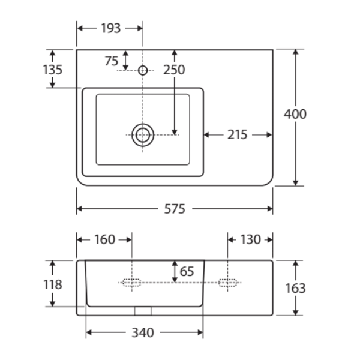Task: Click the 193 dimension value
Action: tap(111, 28)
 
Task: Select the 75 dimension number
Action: tap(112, 61)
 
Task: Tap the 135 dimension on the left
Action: tap(53, 70)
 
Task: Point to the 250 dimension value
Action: tap(174, 70)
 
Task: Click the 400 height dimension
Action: tap(295, 114)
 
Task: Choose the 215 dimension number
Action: tap(238, 135)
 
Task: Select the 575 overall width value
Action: tap(175, 209)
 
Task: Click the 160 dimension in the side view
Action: tap(104, 239)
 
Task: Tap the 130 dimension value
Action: tap(250, 239)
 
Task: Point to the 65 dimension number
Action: tap(187, 271)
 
